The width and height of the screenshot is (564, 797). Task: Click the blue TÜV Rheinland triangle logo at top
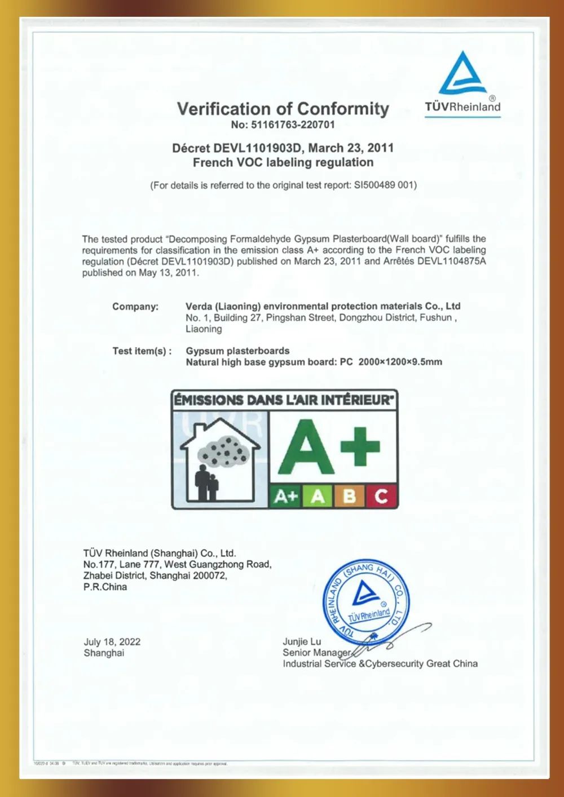463,73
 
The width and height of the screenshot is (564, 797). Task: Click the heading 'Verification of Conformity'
283,108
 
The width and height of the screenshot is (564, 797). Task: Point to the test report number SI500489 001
384,185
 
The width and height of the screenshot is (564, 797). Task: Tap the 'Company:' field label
135,307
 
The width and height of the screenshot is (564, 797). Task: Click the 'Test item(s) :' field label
142,351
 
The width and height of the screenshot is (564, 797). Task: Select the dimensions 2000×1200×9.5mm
400,362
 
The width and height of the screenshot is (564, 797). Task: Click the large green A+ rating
329,448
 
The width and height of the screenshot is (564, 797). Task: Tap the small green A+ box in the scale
286,496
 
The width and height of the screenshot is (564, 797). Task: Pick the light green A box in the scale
318,496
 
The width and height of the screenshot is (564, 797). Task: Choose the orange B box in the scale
349,496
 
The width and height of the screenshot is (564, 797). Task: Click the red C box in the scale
381,496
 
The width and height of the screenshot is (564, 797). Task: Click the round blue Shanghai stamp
365,601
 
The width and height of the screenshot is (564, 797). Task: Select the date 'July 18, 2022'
112,642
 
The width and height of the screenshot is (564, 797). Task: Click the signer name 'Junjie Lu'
302,641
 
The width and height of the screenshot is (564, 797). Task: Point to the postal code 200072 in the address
209,575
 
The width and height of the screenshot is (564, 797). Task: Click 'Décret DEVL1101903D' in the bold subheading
237,148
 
